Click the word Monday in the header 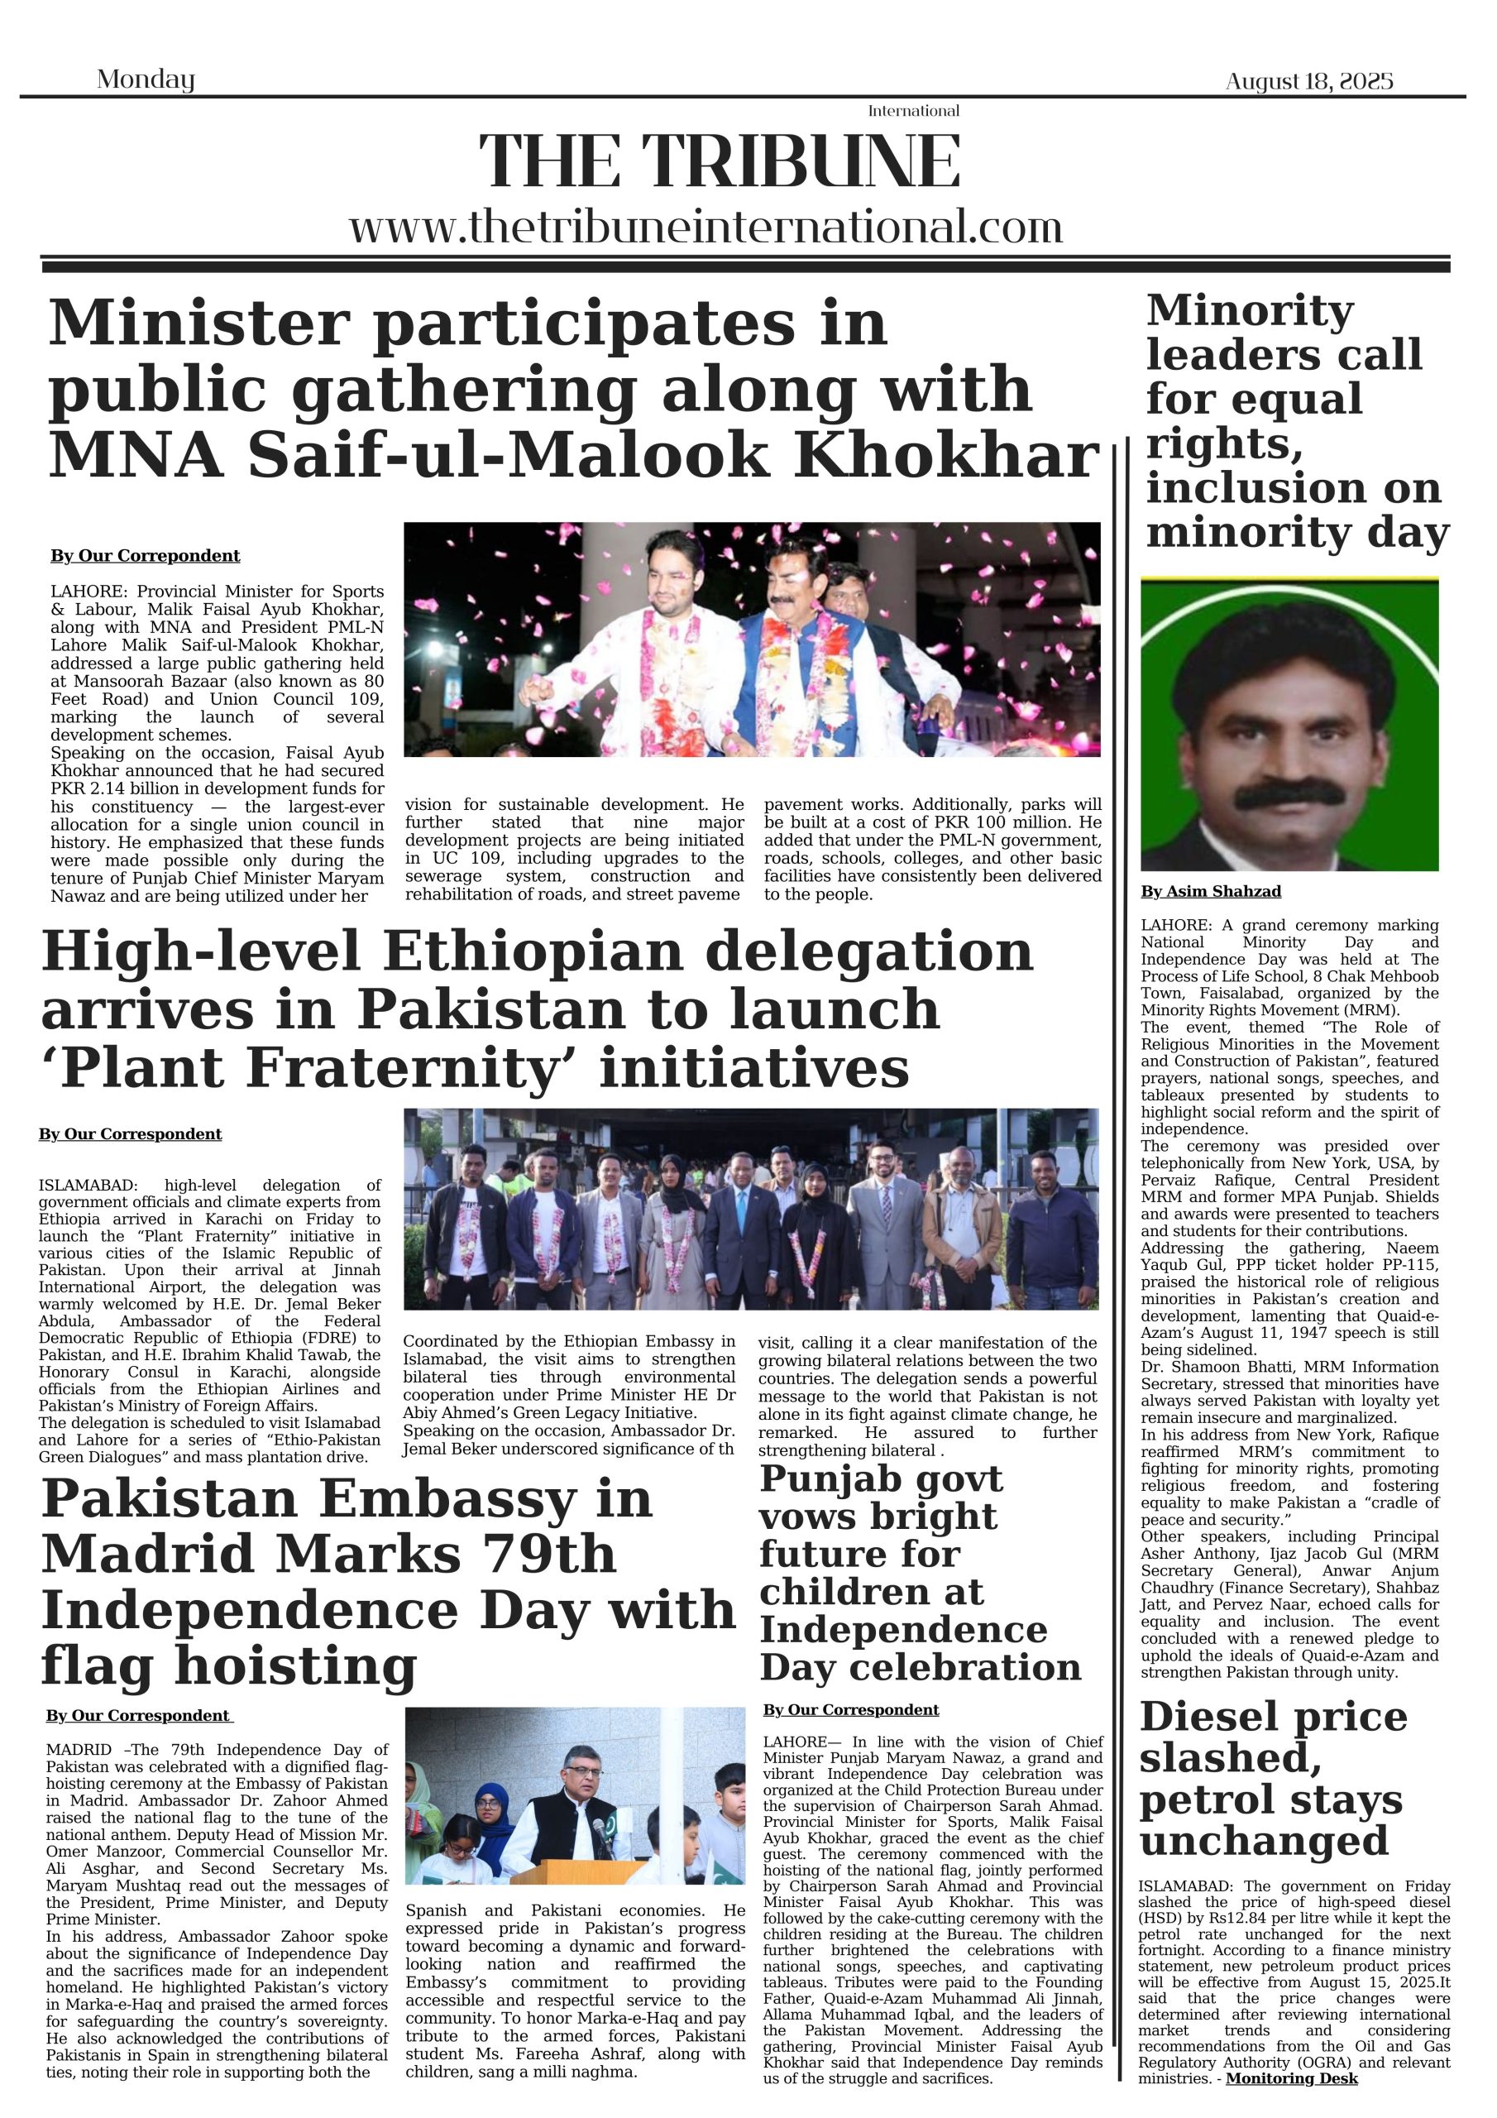pyautogui.click(x=146, y=79)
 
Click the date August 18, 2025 pyautogui.click(x=1308, y=81)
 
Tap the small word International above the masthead pyautogui.click(x=913, y=111)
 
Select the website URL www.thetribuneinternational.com pyautogui.click(x=705, y=227)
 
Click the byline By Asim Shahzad pyautogui.click(x=1210, y=891)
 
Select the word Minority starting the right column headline pyautogui.click(x=1250, y=310)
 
